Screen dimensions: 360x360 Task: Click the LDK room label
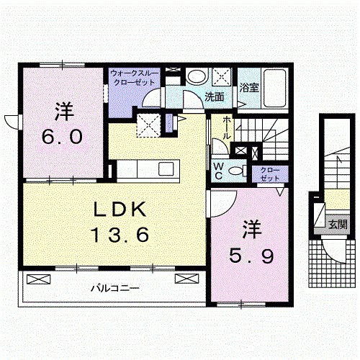click(x=120, y=210)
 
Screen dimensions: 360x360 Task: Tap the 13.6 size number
click(x=120, y=235)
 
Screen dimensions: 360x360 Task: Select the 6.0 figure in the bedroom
click(x=62, y=137)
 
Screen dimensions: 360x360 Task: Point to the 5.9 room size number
click(x=251, y=256)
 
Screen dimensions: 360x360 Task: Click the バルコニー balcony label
click(x=115, y=288)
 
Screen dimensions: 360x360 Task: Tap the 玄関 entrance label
click(x=338, y=225)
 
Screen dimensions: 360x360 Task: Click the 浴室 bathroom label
click(x=249, y=88)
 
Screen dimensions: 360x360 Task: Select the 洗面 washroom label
click(x=215, y=97)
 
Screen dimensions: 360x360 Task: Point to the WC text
click(x=218, y=171)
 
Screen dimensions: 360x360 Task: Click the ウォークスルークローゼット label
click(x=134, y=78)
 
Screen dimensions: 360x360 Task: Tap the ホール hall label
click(x=227, y=128)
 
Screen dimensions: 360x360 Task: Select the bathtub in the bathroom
click(x=275, y=88)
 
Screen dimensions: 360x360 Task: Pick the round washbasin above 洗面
click(x=197, y=76)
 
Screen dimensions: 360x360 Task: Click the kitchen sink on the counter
click(x=166, y=168)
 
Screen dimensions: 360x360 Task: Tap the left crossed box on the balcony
click(x=39, y=279)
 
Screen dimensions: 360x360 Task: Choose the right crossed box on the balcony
click(x=187, y=279)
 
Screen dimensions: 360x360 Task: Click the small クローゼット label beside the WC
click(x=270, y=174)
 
